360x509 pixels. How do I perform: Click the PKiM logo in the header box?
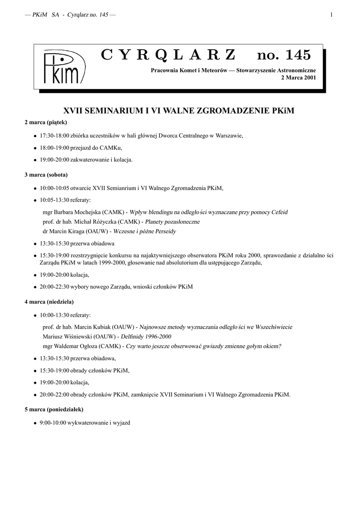click(63, 68)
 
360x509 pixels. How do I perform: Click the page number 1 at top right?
click(331, 15)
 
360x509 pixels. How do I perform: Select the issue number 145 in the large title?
click(296, 55)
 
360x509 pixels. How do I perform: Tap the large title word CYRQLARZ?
click(169, 55)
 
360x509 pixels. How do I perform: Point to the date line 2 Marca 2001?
click(299, 78)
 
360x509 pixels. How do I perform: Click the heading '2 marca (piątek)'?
click(46, 122)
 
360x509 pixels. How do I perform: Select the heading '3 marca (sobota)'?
click(46, 175)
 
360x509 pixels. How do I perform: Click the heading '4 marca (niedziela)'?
click(49, 301)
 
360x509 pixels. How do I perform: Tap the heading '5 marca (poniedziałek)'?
click(54, 410)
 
